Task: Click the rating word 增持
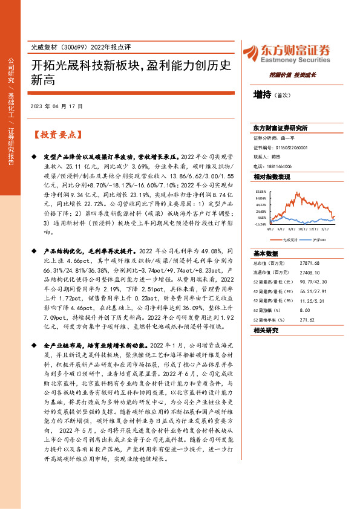262,95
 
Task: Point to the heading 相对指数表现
272,177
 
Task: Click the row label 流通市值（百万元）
269,273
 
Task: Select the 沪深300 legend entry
318,239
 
